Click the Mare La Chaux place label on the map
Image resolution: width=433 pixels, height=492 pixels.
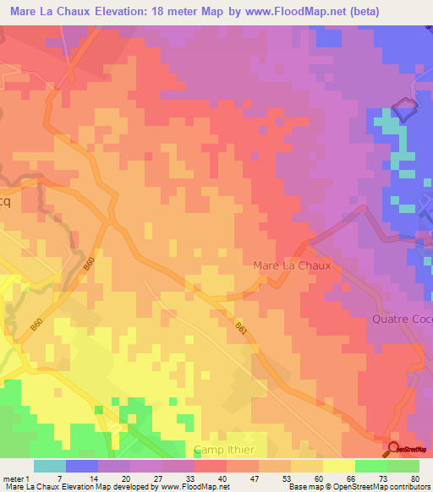coord(295,265)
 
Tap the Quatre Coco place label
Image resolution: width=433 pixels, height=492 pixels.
coord(402,319)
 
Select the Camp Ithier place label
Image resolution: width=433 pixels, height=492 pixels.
coord(230,449)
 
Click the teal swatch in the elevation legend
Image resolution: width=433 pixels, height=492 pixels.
coord(50,466)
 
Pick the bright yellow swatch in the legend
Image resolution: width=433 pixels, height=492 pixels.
coord(339,466)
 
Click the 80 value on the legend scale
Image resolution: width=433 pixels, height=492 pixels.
coord(414,479)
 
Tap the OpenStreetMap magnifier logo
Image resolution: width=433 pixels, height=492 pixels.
coord(393,448)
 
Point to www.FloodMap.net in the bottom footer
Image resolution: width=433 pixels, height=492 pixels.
coord(187,488)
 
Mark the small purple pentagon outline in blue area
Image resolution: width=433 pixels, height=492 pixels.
coord(406,109)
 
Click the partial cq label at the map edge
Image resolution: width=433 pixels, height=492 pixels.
coord(5,203)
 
